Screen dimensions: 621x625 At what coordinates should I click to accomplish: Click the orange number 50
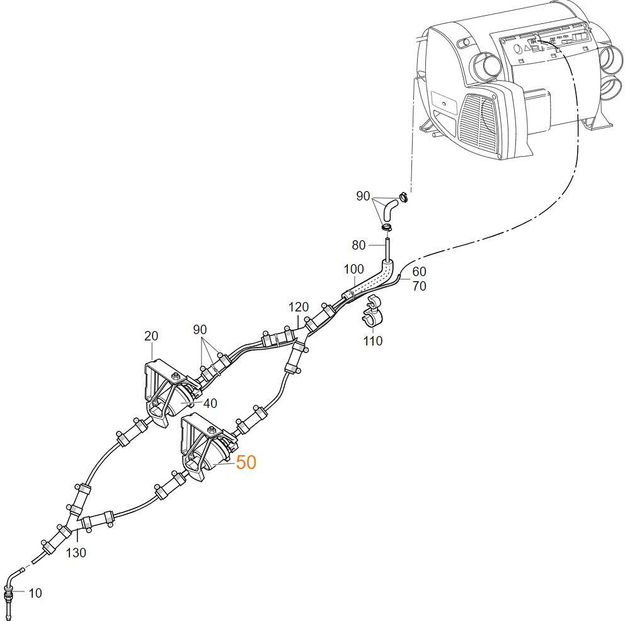[x=246, y=462]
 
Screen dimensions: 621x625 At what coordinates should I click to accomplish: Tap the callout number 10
[x=35, y=593]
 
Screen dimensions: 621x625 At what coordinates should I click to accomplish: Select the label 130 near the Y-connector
[x=76, y=553]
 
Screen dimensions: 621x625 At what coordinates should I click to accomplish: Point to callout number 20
[x=151, y=336]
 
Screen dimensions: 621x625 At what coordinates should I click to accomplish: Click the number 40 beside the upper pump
[x=210, y=403]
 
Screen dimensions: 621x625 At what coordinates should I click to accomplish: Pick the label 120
[x=299, y=307]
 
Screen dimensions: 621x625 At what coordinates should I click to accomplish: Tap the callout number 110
[x=373, y=341]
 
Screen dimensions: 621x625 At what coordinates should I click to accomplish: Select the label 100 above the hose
[x=353, y=270]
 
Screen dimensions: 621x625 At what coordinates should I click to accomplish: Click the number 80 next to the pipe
[x=358, y=245]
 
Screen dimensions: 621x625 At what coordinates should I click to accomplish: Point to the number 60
[x=419, y=272]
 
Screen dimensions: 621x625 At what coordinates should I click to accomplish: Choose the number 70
[x=419, y=286]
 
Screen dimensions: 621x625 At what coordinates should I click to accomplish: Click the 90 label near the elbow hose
[x=363, y=196]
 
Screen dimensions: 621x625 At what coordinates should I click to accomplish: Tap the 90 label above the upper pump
[x=200, y=330]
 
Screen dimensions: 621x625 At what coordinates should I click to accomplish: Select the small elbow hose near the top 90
[x=390, y=207]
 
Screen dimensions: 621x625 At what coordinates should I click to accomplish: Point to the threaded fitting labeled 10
[x=9, y=593]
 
